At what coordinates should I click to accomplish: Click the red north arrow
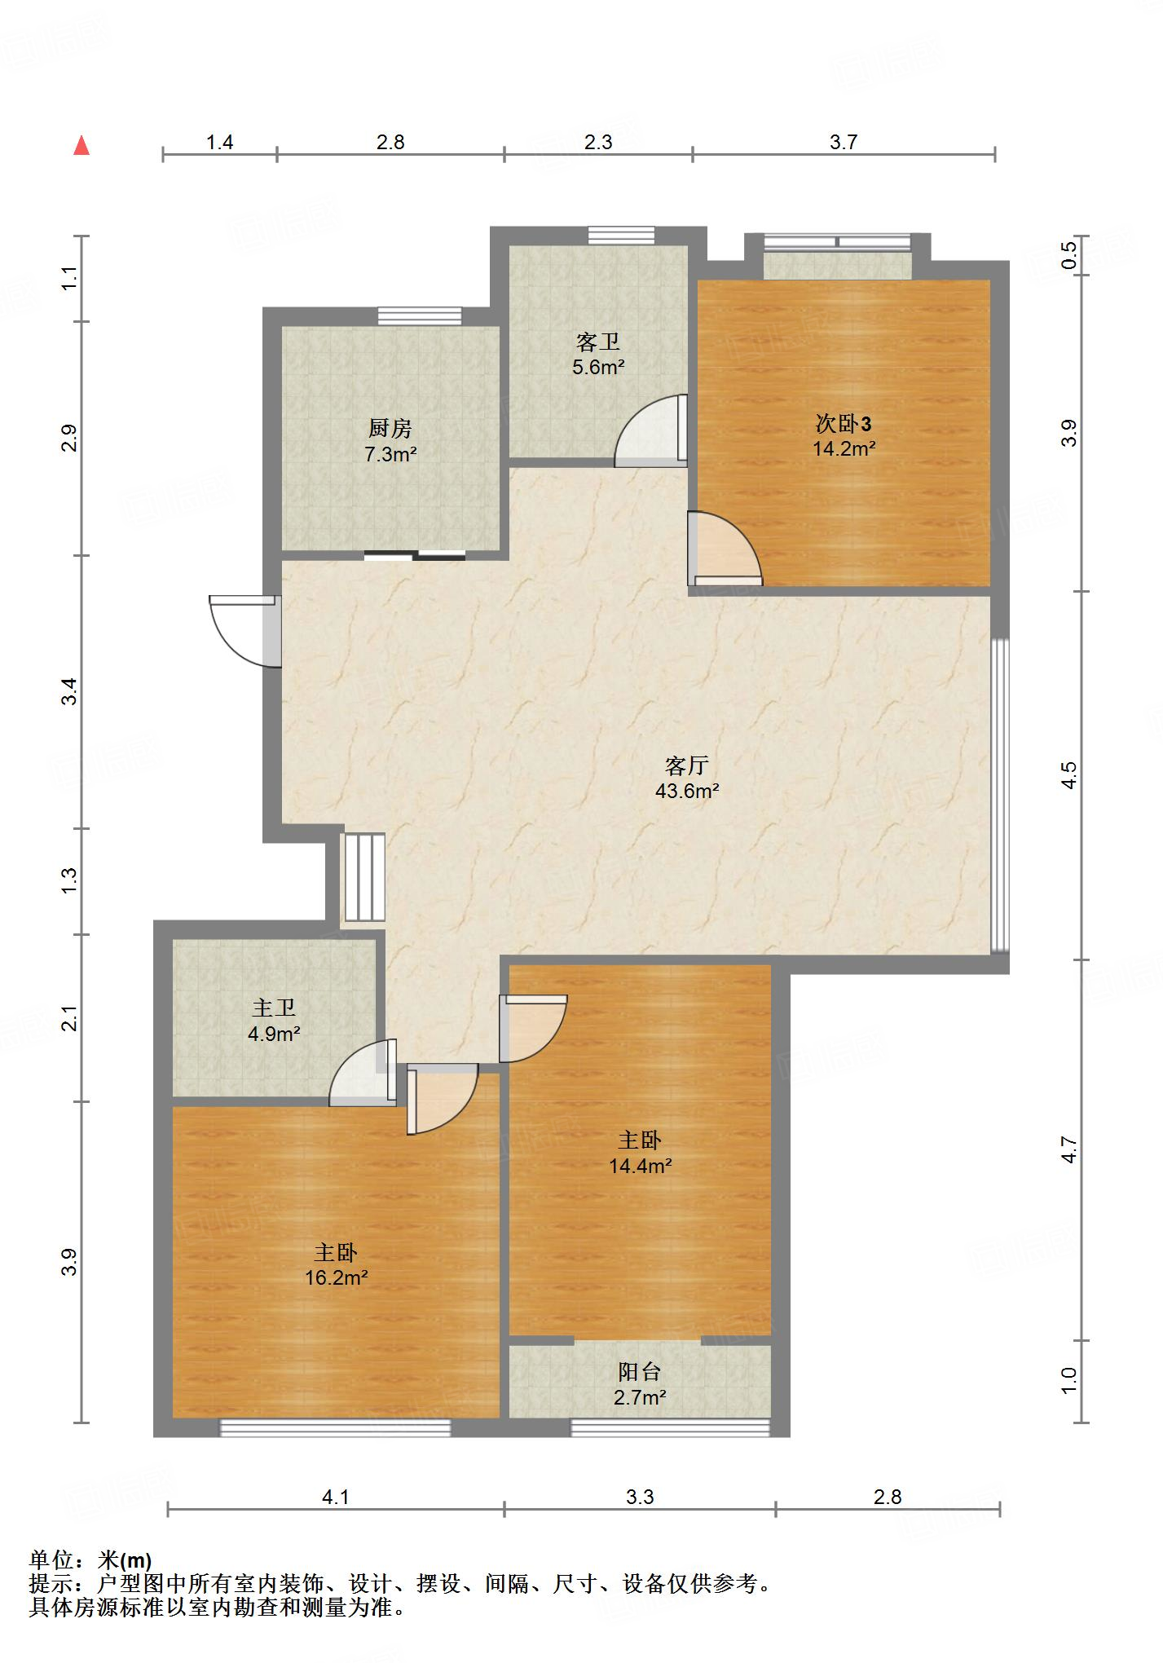[x=81, y=146]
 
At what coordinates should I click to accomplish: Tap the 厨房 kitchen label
[x=390, y=427]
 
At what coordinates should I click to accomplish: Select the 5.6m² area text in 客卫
[x=598, y=367]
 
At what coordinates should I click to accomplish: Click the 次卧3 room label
[x=844, y=423]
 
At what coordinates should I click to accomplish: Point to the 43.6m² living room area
[x=687, y=790]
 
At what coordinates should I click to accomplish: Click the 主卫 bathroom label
[x=274, y=1008]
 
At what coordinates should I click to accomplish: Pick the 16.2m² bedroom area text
[x=336, y=1277]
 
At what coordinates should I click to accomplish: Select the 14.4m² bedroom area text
[x=640, y=1166]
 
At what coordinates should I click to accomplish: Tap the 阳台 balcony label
[x=640, y=1371]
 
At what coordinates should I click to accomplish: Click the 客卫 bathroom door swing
[x=650, y=430]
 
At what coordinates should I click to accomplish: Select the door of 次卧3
[x=725, y=549]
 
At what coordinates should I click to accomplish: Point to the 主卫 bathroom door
[x=363, y=1073]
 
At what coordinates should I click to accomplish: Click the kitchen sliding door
[x=414, y=556]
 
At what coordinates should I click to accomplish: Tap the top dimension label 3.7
[x=844, y=142]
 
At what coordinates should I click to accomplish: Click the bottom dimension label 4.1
[x=336, y=1497]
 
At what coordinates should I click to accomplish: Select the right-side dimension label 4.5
[x=1068, y=774]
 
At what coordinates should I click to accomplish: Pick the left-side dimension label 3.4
[x=71, y=691]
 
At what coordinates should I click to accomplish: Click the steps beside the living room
[x=363, y=877]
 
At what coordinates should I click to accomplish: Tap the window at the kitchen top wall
[x=420, y=316]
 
